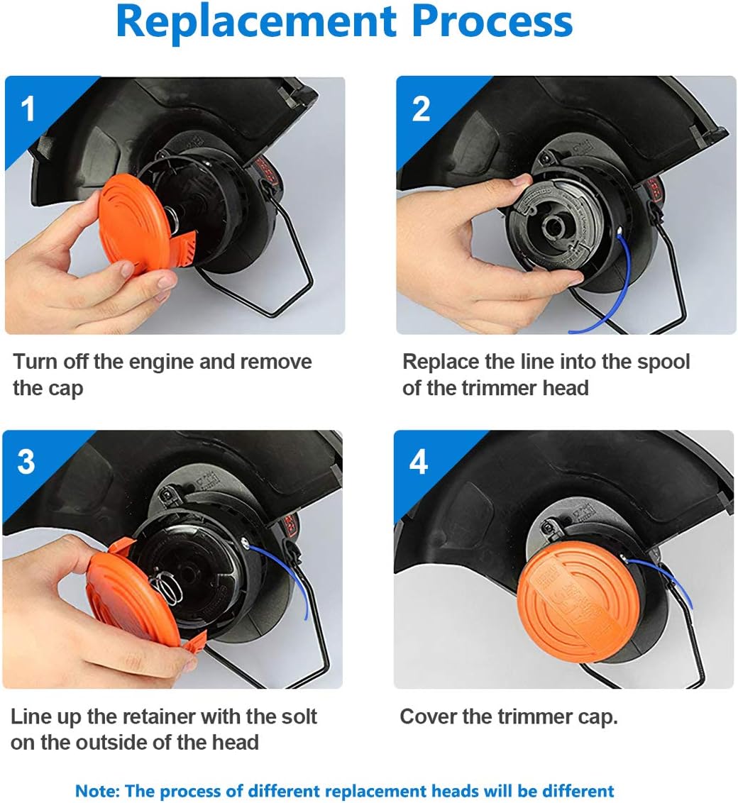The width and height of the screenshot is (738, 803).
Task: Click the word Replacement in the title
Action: [256, 21]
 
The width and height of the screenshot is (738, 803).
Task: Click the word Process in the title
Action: [492, 21]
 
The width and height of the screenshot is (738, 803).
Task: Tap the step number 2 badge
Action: [421, 109]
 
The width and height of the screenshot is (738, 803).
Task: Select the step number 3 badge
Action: [26, 462]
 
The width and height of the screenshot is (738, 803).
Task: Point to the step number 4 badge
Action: [419, 462]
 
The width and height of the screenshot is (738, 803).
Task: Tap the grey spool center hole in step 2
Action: [555, 226]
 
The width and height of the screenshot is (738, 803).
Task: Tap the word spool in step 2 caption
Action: [663, 362]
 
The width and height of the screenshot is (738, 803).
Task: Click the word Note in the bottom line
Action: [97, 791]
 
